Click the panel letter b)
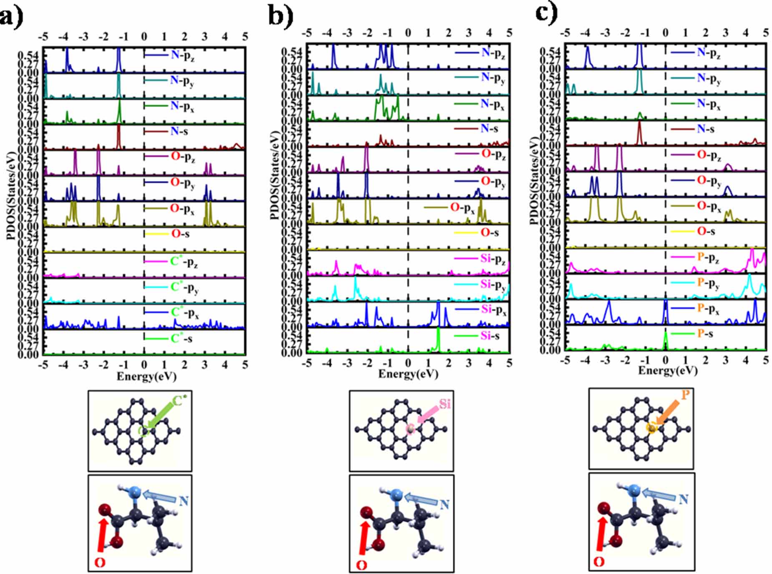pyautogui.click(x=280, y=16)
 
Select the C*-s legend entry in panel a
pyautogui.click(x=181, y=338)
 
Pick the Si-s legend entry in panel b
pyautogui.click(x=489, y=336)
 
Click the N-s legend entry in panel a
pyautogui.click(x=179, y=132)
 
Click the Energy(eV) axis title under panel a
pyautogui.click(x=146, y=377)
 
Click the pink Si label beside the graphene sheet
pyautogui.click(x=445, y=404)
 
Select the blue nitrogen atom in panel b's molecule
pyautogui.click(x=396, y=495)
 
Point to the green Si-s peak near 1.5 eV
pyautogui.click(x=438, y=338)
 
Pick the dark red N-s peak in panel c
pyautogui.click(x=639, y=131)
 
